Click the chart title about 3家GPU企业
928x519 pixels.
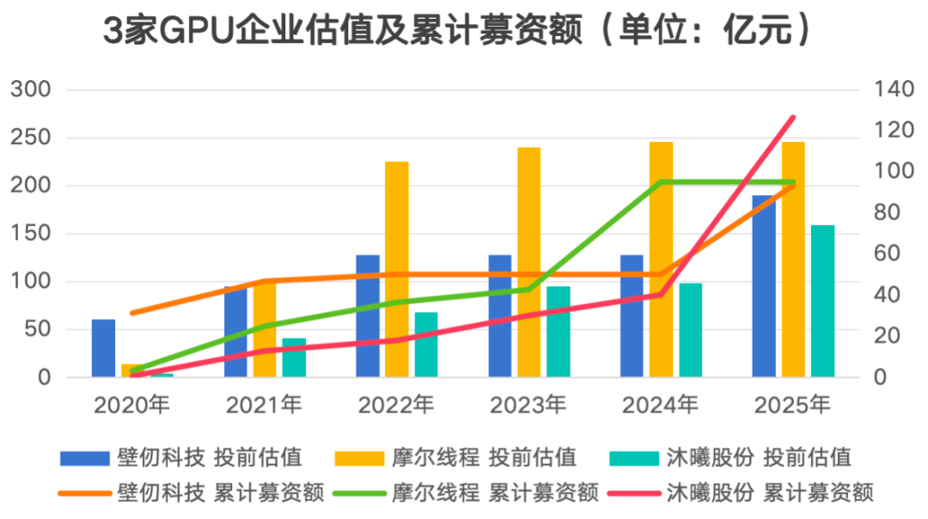[x=457, y=31]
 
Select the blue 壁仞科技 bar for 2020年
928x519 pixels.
[x=103, y=348]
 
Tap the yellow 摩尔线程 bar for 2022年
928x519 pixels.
[x=397, y=269]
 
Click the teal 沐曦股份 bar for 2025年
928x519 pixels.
[x=822, y=301]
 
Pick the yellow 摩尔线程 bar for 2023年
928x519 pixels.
[x=529, y=262]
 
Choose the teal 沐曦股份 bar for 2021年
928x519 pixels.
[x=294, y=357]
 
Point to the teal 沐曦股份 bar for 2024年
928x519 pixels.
[x=691, y=330]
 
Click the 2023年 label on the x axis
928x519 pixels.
[x=528, y=404]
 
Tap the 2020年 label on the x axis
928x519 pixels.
[x=131, y=404]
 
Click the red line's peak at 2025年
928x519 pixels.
[x=793, y=118]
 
